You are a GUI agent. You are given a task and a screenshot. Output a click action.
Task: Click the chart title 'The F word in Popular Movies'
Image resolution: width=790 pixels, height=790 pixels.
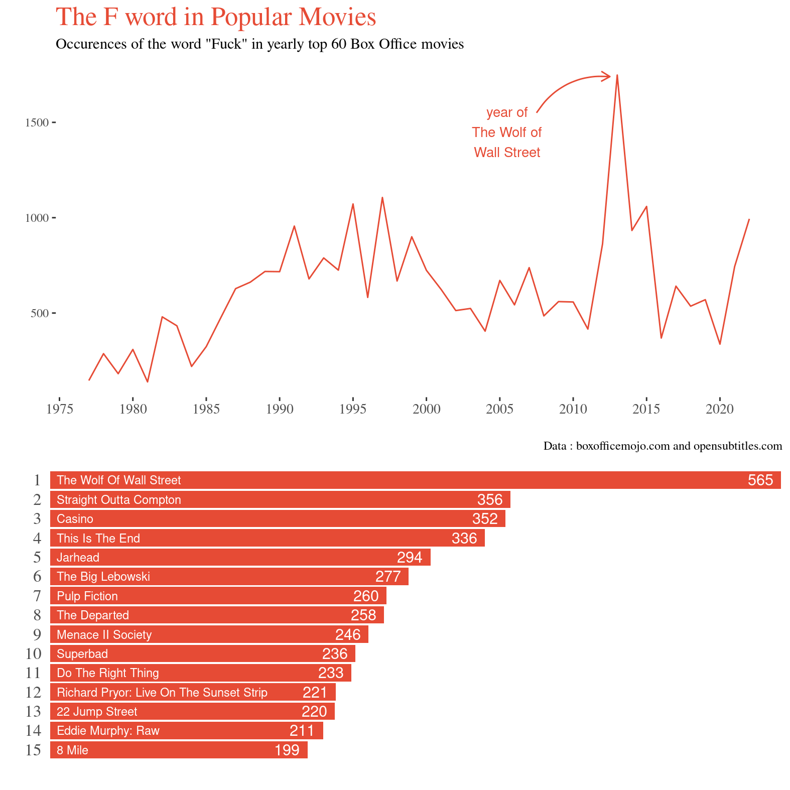point(216,17)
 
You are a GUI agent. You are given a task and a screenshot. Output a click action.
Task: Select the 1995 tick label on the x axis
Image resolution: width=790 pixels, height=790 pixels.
point(353,410)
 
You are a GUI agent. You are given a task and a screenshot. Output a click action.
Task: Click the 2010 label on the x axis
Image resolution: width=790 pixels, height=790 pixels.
point(573,410)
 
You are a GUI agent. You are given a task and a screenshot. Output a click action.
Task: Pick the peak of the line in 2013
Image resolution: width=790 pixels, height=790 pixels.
point(617,76)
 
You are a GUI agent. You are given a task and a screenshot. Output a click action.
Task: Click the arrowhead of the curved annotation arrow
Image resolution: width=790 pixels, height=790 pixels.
point(608,76)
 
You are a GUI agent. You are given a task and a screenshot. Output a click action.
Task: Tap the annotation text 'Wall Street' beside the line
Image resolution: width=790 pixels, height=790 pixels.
point(507,153)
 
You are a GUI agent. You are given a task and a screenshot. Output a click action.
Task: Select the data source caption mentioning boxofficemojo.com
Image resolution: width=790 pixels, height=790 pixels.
point(663,446)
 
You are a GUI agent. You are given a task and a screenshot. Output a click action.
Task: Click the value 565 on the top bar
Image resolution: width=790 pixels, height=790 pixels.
point(760,480)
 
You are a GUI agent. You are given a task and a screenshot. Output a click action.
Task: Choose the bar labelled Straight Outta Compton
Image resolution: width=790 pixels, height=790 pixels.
point(280,500)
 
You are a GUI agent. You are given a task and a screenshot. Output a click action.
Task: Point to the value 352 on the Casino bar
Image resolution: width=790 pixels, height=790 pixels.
point(485,519)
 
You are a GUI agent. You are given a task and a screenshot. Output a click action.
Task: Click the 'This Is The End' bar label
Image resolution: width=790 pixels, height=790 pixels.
point(98,539)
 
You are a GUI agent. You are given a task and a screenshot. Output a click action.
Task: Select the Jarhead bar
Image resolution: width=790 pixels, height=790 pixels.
point(240,558)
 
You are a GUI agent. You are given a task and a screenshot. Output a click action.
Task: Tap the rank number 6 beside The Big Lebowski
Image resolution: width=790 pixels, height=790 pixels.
point(37,577)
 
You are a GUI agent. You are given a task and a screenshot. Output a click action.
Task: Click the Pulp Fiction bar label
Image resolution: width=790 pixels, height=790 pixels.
point(87,596)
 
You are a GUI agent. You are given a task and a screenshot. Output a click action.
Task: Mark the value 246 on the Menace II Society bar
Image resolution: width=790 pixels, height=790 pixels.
point(348,635)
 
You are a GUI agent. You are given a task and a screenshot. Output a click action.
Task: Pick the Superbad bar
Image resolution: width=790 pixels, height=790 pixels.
point(202,654)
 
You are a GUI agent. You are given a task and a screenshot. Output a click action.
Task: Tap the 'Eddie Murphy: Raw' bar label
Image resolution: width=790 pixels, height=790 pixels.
point(108,731)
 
